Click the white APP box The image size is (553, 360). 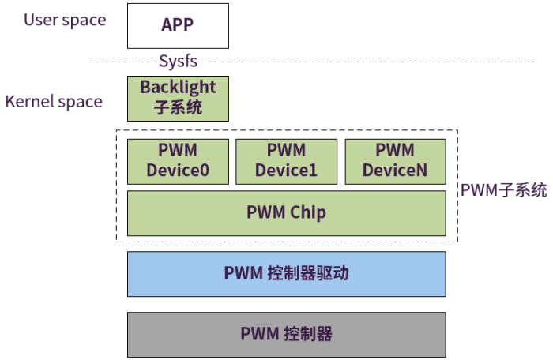[x=178, y=26]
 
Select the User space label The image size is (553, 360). [x=65, y=21]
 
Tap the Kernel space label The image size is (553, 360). [x=54, y=102]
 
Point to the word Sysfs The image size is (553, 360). [x=178, y=61]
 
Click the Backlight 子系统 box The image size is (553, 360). [x=178, y=98]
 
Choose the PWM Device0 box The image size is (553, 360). [x=178, y=161]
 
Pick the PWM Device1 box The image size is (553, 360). [x=286, y=161]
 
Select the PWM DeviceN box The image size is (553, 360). [x=395, y=161]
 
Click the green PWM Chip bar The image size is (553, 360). [x=286, y=212]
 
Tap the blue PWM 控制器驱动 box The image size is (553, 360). [x=286, y=274]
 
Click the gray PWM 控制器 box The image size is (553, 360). [x=286, y=334]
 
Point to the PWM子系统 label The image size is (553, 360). [x=503, y=189]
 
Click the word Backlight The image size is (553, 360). [x=178, y=87]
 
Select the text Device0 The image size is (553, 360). [x=178, y=171]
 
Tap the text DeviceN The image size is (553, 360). [x=395, y=171]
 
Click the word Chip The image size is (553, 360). [x=307, y=212]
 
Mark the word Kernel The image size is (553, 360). [x=29, y=102]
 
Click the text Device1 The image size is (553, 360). [x=286, y=171]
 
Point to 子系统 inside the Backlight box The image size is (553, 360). [x=178, y=107]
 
